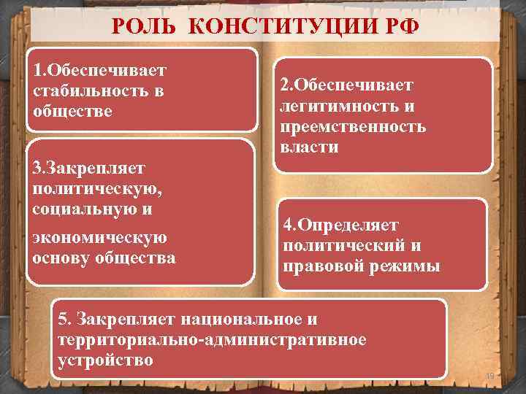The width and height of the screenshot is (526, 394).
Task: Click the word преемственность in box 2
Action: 354,126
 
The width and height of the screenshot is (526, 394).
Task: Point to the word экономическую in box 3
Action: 100,238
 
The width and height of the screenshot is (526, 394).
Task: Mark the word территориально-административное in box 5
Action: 212,339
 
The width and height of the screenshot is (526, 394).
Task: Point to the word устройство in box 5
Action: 104,360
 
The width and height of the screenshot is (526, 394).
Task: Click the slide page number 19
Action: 489,376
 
